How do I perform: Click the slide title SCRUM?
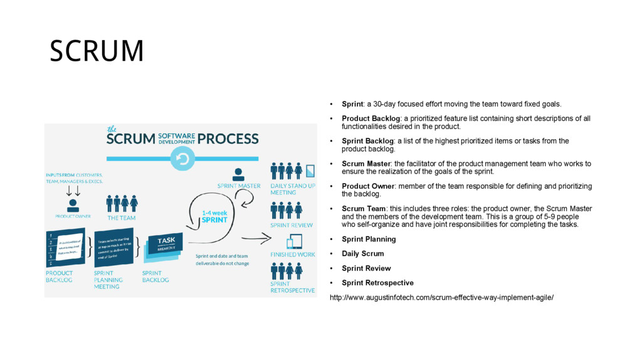pyautogui.click(x=97, y=51)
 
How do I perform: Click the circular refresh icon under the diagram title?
pyautogui.click(x=182, y=160)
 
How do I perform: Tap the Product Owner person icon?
pyautogui.click(x=73, y=204)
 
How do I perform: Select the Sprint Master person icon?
pyautogui.click(x=238, y=174)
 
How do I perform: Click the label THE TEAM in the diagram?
pyautogui.click(x=121, y=218)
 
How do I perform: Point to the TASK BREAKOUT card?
pyautogui.click(x=166, y=243)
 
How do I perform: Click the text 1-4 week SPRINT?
pyautogui.click(x=214, y=216)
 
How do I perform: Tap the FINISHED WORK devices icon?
pyautogui.click(x=293, y=241)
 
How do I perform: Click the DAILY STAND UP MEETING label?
pyautogui.click(x=292, y=189)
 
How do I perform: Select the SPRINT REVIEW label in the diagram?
pyautogui.click(x=292, y=225)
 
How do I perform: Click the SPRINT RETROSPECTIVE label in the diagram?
pyautogui.click(x=292, y=287)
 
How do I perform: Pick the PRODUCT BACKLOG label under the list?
pyautogui.click(x=59, y=276)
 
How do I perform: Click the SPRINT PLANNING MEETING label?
pyautogui.click(x=108, y=280)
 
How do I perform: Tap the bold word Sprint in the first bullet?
pyautogui.click(x=352, y=104)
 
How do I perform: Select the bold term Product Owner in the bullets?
pyautogui.click(x=368, y=186)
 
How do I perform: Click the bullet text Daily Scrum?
pyautogui.click(x=362, y=254)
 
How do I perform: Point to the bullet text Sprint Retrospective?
pyautogui.click(x=377, y=283)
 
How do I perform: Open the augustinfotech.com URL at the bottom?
pyautogui.click(x=441, y=297)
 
